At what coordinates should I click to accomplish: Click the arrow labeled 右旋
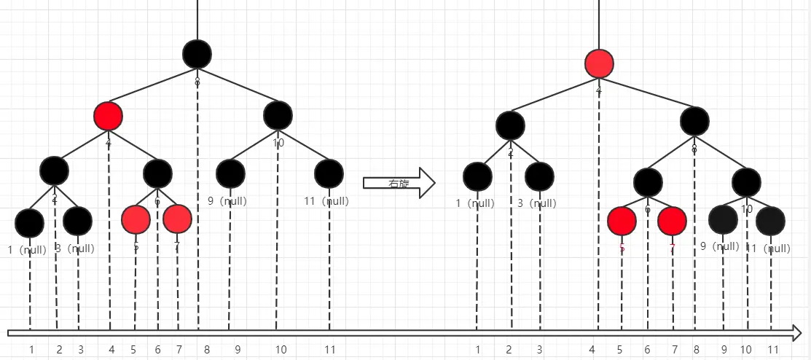(398, 182)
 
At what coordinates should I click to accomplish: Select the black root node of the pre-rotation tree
(197, 55)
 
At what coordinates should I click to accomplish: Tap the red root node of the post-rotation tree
(600, 64)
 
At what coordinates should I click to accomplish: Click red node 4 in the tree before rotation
(108, 115)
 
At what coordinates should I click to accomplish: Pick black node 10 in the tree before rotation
(278, 115)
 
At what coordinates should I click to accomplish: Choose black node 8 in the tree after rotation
(694, 121)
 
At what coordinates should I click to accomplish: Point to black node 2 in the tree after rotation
(510, 125)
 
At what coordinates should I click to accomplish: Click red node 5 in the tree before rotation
(136, 219)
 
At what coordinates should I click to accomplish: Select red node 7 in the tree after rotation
(672, 221)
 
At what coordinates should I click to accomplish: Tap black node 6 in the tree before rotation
(157, 173)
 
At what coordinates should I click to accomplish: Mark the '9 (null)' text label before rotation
(230, 201)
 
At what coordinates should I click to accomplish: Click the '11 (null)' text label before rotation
(326, 201)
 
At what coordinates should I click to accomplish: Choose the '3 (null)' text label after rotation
(539, 203)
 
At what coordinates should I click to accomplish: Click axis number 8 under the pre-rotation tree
(207, 350)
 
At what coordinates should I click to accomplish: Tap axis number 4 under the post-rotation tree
(592, 350)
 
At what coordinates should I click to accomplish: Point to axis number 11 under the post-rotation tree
(773, 350)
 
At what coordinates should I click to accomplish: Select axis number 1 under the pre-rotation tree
(31, 350)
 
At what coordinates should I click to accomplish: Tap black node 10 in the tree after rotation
(746, 182)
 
